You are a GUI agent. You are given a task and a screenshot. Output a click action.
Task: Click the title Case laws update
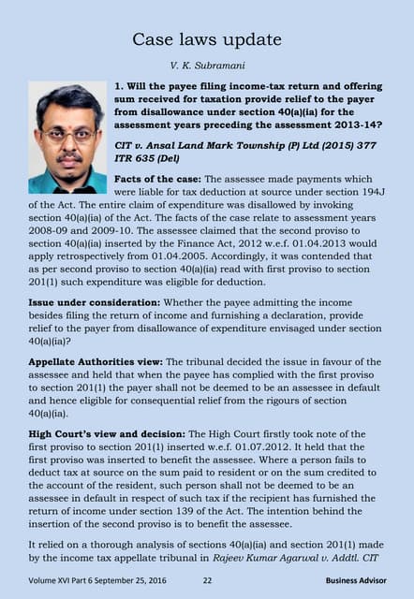(206, 39)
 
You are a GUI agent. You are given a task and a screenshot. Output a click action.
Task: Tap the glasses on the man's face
(67, 134)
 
